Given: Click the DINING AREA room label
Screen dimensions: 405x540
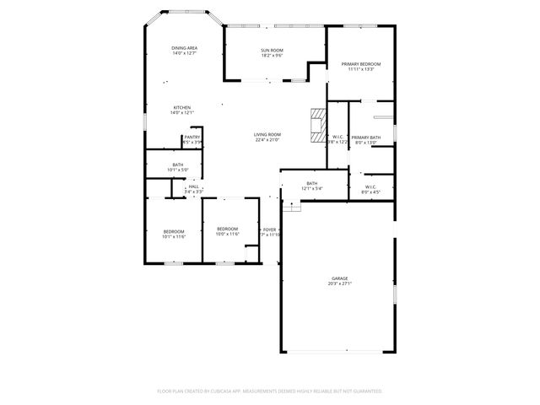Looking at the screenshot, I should point(184,48).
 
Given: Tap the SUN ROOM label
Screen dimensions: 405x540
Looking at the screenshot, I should point(271,51).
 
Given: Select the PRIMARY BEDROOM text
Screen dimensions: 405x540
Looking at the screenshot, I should point(361,64).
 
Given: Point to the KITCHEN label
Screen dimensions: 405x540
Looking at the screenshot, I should point(182,107).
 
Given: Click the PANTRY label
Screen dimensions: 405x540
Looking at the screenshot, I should point(192,137).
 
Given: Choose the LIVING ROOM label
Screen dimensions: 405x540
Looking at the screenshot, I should point(267,134).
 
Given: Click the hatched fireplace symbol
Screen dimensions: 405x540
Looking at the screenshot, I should point(316,124).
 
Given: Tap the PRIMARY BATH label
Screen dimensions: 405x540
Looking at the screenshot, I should point(366,137).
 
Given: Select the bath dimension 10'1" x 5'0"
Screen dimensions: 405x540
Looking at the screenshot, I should point(178,170).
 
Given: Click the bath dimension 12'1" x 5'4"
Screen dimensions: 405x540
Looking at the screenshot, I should point(312,188).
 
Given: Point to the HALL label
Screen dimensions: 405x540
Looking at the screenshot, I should point(194,186).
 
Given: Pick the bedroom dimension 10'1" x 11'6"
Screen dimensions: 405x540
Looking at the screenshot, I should point(174,236).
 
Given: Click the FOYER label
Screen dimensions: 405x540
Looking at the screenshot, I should point(269,229).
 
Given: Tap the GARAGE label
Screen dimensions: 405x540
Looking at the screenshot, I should point(340,278).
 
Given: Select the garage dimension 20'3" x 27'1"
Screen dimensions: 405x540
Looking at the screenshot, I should point(340,283).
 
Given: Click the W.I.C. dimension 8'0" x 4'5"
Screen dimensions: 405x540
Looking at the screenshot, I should point(370,192).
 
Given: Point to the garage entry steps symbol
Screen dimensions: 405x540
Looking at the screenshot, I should point(290,207).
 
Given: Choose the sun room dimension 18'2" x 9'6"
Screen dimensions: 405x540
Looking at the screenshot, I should point(271,56).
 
